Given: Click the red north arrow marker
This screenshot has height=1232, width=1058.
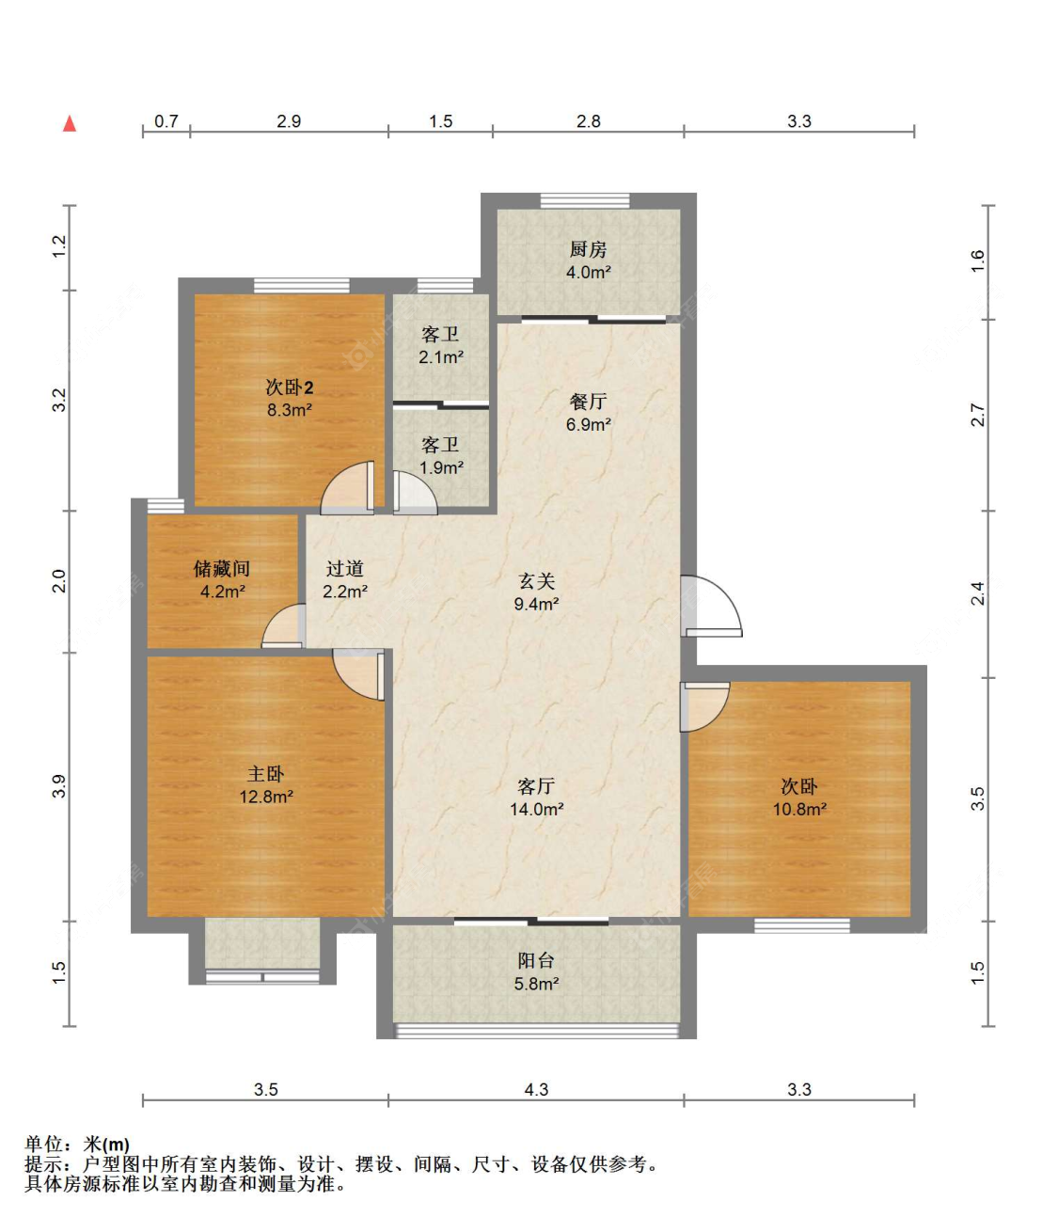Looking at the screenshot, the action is point(70,123).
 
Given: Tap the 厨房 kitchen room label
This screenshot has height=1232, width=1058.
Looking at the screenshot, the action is point(588,248).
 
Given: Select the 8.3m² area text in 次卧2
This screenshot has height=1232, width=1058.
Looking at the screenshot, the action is point(289,410).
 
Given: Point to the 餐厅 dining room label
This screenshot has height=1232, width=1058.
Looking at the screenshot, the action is point(588,402).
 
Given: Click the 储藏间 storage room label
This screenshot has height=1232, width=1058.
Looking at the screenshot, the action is point(222,569).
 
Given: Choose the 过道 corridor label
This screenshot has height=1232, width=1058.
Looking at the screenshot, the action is point(344,569).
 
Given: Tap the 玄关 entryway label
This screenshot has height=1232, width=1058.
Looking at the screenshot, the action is point(536,580).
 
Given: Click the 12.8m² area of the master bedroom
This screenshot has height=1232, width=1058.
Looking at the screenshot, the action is point(266,797).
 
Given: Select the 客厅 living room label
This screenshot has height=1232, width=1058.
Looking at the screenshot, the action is point(536,786).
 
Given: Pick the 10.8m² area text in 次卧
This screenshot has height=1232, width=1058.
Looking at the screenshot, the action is point(799,809).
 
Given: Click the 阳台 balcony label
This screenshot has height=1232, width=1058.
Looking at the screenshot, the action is point(536,960).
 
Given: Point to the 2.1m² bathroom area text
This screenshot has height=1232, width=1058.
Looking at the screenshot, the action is point(441,357).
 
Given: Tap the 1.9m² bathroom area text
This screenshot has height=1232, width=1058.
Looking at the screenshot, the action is point(441,467).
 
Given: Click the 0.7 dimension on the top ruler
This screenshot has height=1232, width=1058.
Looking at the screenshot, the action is point(166,121).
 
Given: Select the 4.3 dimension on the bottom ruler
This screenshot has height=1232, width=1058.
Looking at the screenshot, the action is point(536,1090).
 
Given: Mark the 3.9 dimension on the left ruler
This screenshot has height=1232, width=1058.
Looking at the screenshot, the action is point(59,786).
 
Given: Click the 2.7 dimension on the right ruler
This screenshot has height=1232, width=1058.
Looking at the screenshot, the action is point(978,415).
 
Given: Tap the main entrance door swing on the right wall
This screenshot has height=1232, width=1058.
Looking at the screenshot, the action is point(711,606).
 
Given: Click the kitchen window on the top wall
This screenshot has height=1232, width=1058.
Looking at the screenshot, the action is point(585,200).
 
